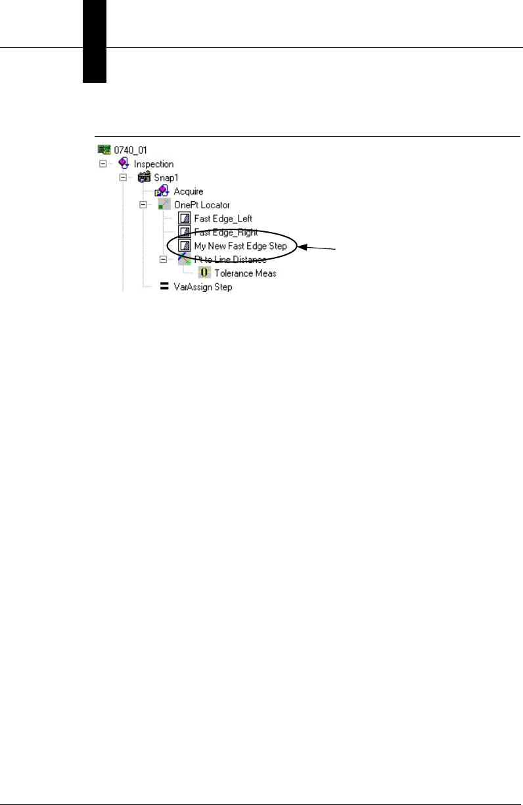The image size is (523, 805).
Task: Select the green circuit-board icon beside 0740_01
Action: click(x=103, y=150)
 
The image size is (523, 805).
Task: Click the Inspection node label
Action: click(x=153, y=164)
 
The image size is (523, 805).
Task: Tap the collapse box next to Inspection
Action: click(x=102, y=164)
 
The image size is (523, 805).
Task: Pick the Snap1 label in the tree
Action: click(x=169, y=177)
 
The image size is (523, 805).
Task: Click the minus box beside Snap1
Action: click(x=123, y=177)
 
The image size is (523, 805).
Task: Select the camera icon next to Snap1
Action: click(x=144, y=177)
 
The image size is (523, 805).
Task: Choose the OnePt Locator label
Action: click(x=202, y=205)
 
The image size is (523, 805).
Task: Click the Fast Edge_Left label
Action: click(x=223, y=218)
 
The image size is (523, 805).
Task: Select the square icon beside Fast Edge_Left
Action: click(x=185, y=218)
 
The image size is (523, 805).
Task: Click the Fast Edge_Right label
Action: click(x=225, y=232)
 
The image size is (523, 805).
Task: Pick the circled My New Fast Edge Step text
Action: click(x=240, y=246)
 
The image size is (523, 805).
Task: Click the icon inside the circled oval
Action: click(x=185, y=246)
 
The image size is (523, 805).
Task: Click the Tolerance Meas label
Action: click(x=246, y=273)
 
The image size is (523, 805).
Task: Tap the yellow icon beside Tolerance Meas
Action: click(x=204, y=273)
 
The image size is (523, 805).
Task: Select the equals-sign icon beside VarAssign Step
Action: click(x=164, y=287)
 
